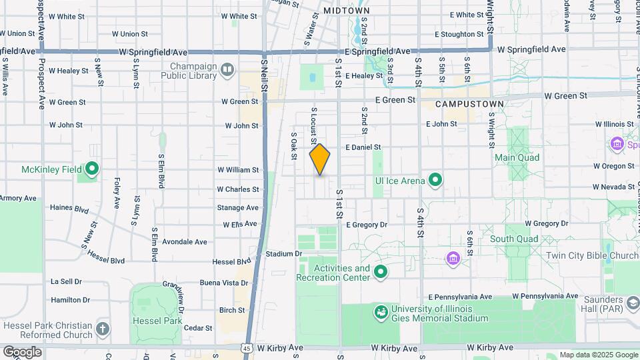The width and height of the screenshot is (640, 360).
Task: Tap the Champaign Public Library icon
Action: click(x=228, y=69)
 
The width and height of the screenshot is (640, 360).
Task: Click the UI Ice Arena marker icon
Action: click(x=435, y=179)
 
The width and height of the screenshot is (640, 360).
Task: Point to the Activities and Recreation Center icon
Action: click(x=381, y=271)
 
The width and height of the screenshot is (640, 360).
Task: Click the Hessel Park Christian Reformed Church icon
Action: click(x=102, y=328)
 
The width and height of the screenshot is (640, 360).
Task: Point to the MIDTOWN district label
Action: click(x=346, y=11)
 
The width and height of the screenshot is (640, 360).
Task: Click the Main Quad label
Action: click(x=517, y=157)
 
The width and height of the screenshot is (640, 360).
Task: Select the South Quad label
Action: click(x=513, y=239)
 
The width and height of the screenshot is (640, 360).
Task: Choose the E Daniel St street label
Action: click(x=363, y=147)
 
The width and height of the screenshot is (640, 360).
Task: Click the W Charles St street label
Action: click(x=237, y=189)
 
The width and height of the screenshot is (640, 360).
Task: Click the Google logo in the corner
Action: click(x=22, y=351)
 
